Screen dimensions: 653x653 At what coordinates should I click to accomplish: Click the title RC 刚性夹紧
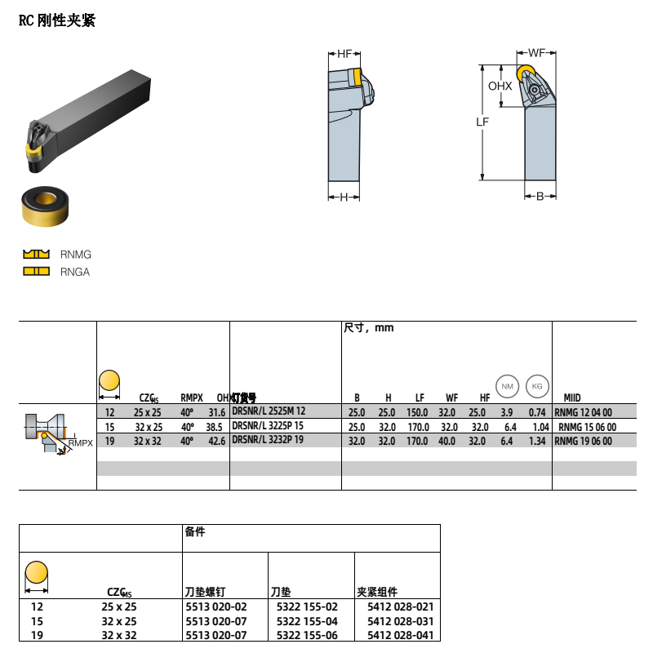tap(57, 21)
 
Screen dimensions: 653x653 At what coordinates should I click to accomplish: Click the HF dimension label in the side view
tap(344, 54)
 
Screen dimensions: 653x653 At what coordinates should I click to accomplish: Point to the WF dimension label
tap(536, 53)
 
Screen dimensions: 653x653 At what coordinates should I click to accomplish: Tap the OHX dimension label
tap(500, 86)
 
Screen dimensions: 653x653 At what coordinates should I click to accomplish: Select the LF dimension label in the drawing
tap(482, 122)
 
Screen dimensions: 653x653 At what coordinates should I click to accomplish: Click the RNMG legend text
tap(76, 255)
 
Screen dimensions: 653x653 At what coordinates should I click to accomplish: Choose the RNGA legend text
tap(75, 272)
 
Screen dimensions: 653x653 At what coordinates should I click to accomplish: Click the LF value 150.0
tap(418, 413)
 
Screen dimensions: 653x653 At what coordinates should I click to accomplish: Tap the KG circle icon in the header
tap(536, 385)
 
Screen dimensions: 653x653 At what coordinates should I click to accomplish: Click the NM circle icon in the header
tap(507, 385)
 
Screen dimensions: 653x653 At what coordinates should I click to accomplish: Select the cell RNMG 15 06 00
tap(584, 427)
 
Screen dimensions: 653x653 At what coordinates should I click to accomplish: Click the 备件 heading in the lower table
tap(195, 532)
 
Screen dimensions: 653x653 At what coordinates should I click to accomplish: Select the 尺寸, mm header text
tap(369, 328)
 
